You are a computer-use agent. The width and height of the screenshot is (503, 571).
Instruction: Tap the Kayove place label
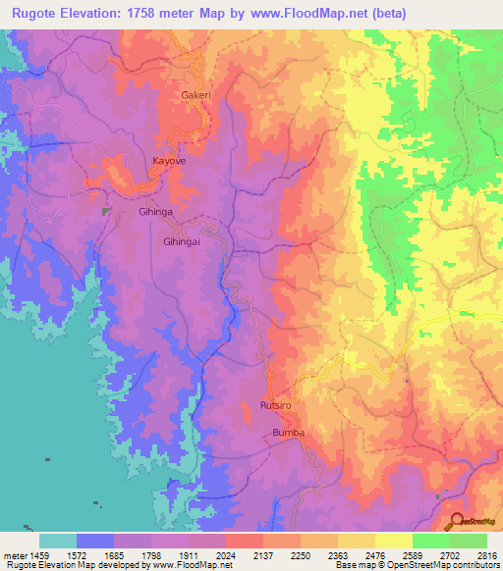pyautogui.click(x=169, y=159)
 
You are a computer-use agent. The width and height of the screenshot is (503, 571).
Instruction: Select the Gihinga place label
pyautogui.click(x=155, y=212)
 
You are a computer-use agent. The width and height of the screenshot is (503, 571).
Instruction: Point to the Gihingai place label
pyautogui.click(x=182, y=240)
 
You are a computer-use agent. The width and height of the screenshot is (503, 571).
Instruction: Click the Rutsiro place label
pyautogui.click(x=276, y=404)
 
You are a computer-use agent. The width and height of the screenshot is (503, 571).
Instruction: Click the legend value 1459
pyautogui.click(x=39, y=554)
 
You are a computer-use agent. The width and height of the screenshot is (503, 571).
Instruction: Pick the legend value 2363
pyautogui.click(x=338, y=554)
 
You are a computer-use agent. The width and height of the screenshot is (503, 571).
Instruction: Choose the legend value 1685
pyautogui.click(x=114, y=554)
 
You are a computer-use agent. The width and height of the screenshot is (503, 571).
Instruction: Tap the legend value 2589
pyautogui.click(x=413, y=554)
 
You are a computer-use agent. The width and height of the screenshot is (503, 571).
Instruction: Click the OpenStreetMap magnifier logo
pyautogui.click(x=458, y=522)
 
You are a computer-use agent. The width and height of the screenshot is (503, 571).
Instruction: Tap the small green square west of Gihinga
pyautogui.click(x=106, y=211)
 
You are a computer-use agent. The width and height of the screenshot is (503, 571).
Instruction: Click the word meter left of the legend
pyautogui.click(x=15, y=554)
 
